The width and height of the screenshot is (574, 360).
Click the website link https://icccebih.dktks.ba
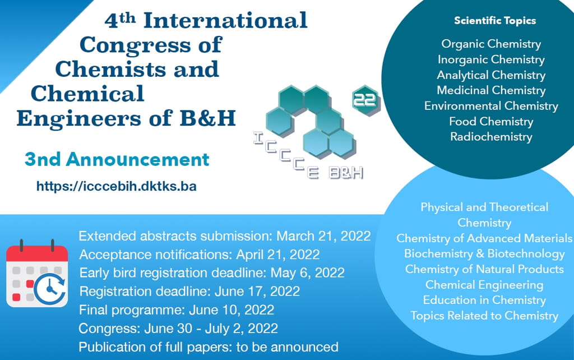point(117,186)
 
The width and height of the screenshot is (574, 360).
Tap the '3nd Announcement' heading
point(117,159)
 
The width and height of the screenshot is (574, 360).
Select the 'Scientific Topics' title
point(495,21)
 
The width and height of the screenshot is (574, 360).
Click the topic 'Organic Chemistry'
point(491,44)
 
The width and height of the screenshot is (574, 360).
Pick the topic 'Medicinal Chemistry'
point(491,90)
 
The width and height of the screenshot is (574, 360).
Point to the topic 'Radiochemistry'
point(491,137)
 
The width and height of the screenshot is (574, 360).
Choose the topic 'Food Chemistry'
point(491,121)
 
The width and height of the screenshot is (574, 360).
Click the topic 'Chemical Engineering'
point(484,284)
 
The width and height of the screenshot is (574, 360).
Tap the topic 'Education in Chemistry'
point(484,300)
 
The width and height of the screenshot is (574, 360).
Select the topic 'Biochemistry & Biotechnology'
point(484,253)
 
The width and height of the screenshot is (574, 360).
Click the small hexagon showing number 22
point(365,100)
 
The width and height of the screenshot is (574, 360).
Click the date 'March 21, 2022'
point(323,236)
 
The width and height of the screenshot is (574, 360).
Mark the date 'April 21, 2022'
point(278,255)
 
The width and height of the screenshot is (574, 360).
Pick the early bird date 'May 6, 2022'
point(307,273)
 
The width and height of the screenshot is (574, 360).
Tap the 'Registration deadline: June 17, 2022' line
point(189,292)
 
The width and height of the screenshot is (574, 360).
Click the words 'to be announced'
point(287,347)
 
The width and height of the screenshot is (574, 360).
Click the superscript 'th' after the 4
point(127,18)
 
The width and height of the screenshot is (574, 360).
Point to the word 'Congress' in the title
point(136,45)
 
